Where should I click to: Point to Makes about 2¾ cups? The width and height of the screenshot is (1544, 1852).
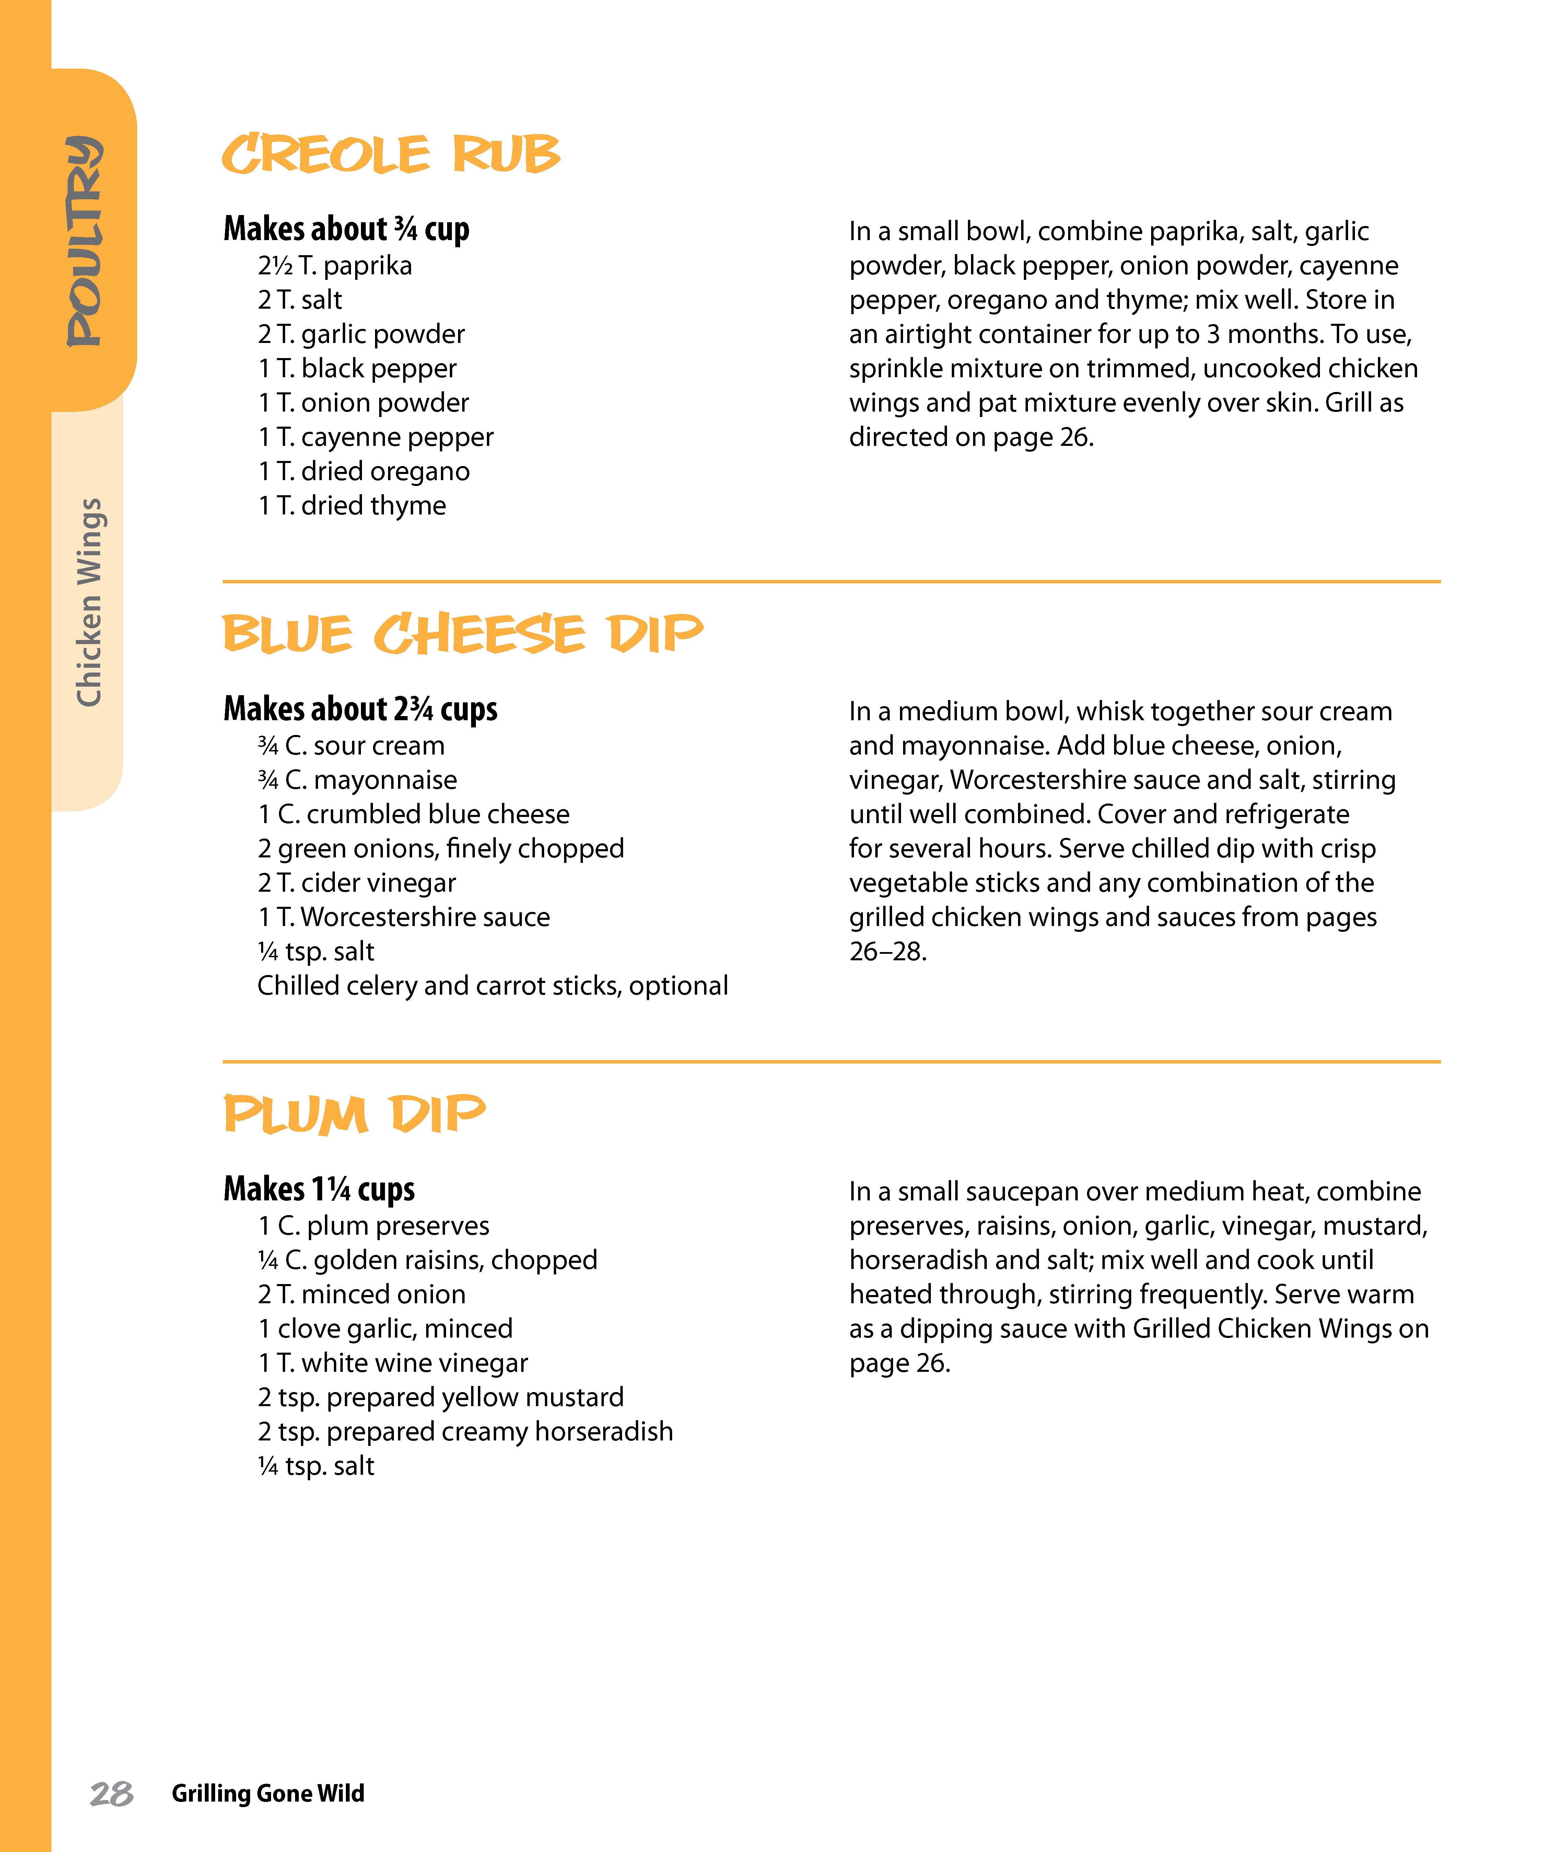point(360,709)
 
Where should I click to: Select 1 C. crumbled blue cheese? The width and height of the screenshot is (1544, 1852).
point(413,814)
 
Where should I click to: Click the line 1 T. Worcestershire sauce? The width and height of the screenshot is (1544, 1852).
point(403,917)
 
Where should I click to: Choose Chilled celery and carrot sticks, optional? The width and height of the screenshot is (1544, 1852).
point(492,986)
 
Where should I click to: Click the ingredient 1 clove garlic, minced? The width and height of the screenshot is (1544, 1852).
point(385,1328)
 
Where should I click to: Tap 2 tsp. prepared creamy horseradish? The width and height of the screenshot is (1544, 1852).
point(465,1431)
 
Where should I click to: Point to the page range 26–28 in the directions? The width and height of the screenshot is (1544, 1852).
point(888,952)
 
